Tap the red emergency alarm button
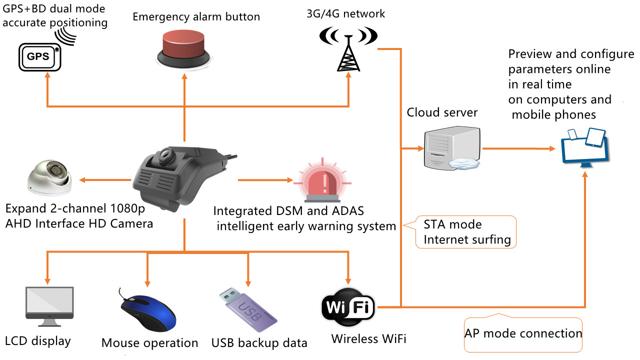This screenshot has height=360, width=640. pyautogui.click(x=184, y=47)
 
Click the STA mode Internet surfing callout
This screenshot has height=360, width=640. pyautogui.click(x=466, y=232)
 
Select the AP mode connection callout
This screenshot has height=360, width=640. pyautogui.click(x=523, y=333)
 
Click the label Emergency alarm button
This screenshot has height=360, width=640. pyautogui.click(x=196, y=17)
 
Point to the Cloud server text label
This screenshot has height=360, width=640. pyautogui.click(x=442, y=112)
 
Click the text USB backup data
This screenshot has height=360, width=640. pyautogui.click(x=259, y=343)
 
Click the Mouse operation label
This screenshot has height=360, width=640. pyautogui.click(x=149, y=343)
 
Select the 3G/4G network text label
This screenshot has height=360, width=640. pyautogui.click(x=346, y=13)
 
